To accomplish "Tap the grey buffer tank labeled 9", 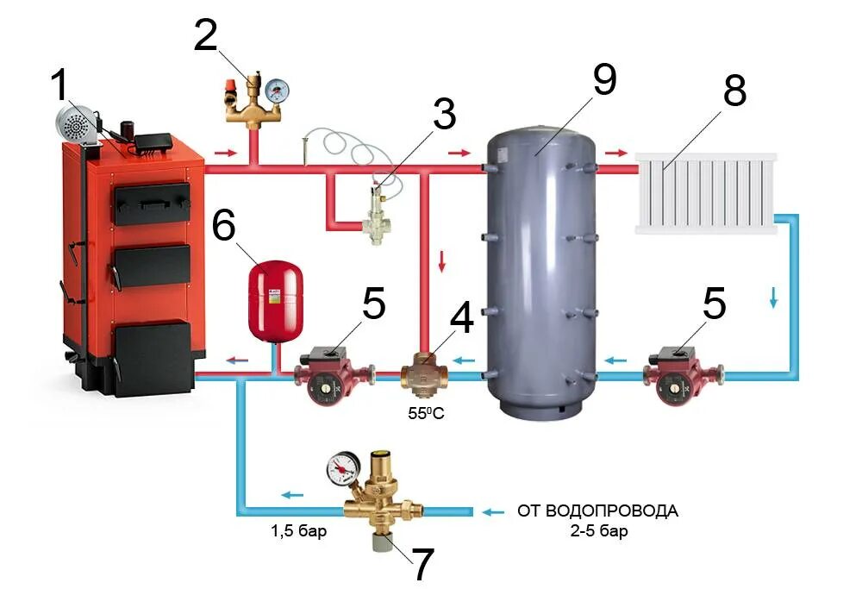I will point(539,267).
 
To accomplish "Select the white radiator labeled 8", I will point(705,193).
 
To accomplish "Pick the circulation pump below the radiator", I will point(681,374).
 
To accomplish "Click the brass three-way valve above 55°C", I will point(426,374).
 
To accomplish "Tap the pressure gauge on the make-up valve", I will point(342,471).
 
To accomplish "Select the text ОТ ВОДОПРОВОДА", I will point(597,511).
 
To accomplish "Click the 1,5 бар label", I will point(298,531).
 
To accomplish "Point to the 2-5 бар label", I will point(597,531).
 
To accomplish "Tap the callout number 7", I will point(422,565).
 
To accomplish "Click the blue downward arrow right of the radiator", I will point(773,298).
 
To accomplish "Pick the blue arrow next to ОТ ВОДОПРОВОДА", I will point(493,511).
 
